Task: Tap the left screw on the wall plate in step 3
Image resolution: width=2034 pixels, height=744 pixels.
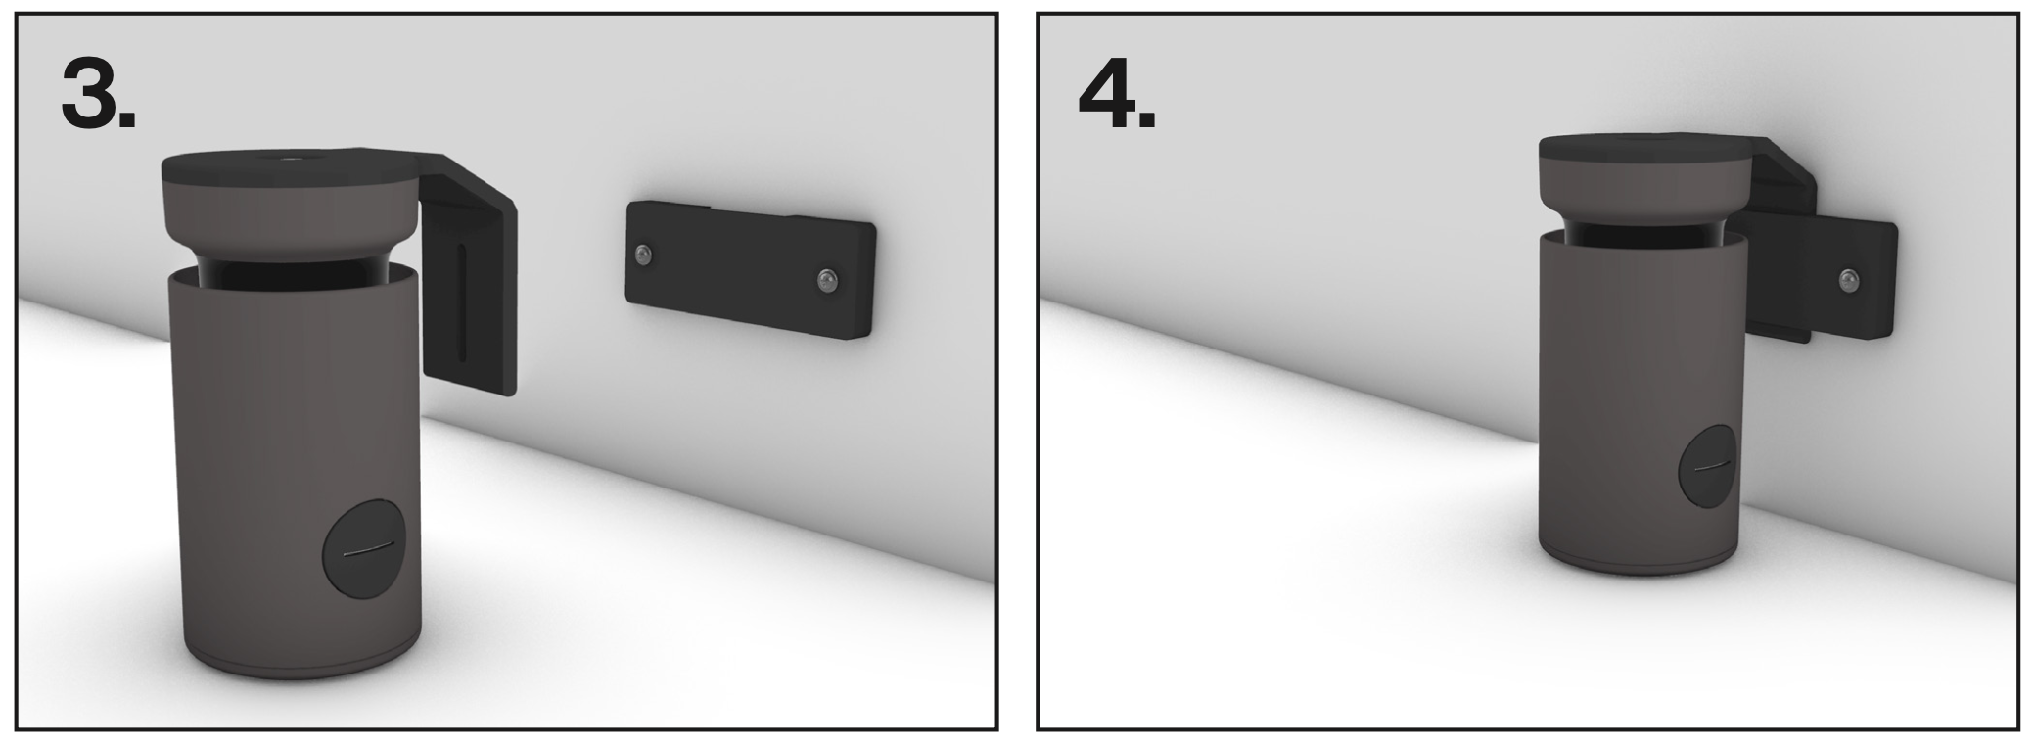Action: (642, 256)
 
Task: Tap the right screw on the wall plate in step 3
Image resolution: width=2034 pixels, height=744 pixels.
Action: (826, 281)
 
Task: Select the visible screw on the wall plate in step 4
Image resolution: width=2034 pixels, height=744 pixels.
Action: (1848, 281)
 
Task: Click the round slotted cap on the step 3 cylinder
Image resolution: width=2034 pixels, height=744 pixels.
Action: (364, 552)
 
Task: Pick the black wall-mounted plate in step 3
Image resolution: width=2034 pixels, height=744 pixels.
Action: (751, 269)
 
